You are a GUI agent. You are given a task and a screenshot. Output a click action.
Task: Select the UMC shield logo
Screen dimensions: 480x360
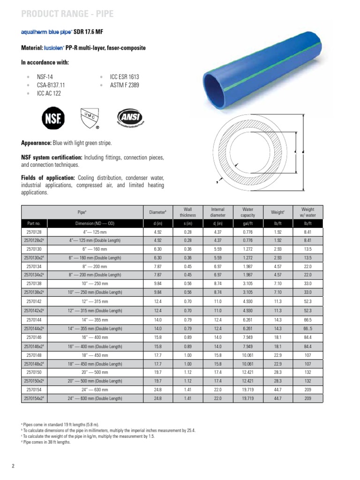pos(90,118)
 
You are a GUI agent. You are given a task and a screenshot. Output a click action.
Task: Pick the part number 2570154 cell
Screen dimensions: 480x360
pos(34,390)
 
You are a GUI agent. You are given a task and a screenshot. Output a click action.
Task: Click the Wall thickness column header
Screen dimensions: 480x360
pos(188,212)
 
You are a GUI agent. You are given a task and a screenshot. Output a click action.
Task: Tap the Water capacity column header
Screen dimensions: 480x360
pos(247,212)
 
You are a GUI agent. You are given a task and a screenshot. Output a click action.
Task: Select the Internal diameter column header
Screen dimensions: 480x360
pos(217,212)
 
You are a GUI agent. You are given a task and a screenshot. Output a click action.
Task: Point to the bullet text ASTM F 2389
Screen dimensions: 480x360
pos(124,85)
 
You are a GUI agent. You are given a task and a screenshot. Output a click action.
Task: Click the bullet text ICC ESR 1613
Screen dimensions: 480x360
pos(124,76)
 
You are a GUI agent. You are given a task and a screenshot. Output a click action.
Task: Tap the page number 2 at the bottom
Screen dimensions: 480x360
pos(14,465)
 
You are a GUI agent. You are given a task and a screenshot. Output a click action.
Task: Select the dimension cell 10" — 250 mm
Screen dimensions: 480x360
pos(95,284)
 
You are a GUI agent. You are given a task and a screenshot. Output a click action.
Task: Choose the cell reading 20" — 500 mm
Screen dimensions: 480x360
pos(95,372)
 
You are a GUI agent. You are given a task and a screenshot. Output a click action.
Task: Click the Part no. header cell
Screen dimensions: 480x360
pos(34,223)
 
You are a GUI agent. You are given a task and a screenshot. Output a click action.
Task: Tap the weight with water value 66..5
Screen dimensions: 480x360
pos(307,328)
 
